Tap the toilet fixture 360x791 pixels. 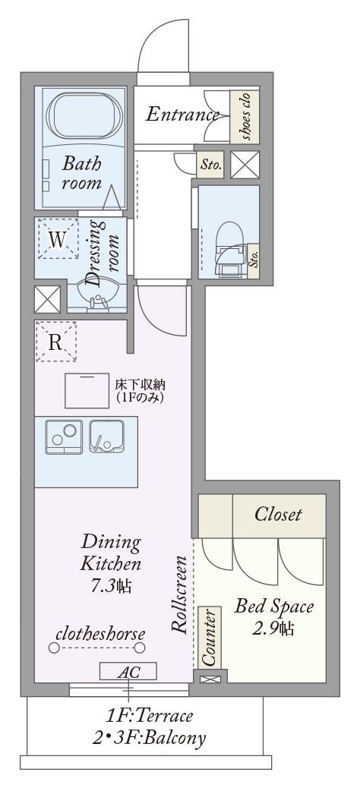[x=229, y=251]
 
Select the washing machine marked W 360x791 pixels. [x=58, y=238]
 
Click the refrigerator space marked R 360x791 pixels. [x=56, y=342]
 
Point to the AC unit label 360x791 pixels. [x=128, y=672]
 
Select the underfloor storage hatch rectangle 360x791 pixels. [x=87, y=390]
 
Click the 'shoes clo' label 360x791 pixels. [x=245, y=117]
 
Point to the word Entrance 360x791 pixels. [x=182, y=115]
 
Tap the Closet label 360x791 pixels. [x=278, y=514]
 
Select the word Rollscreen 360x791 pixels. [x=179, y=594]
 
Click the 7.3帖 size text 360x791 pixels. [x=111, y=586]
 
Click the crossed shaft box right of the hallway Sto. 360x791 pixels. [x=245, y=165]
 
